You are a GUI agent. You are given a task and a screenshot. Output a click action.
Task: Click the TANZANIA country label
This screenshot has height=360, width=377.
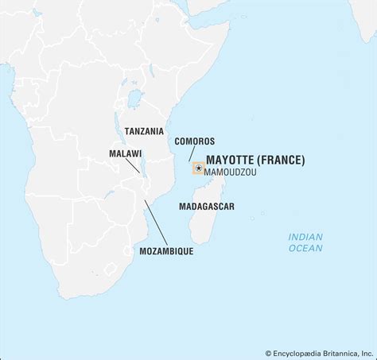(x=144, y=131)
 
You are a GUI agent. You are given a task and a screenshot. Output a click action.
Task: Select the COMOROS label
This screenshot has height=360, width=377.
(x=194, y=141)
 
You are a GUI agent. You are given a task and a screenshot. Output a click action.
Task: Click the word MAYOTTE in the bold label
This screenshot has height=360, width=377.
(x=227, y=160)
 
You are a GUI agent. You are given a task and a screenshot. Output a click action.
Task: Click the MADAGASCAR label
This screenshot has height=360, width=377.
(x=206, y=205)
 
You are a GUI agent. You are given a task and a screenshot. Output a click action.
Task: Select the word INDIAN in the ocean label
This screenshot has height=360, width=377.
(x=305, y=236)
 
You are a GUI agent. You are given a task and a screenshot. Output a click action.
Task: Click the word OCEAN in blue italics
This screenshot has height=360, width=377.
(x=305, y=248)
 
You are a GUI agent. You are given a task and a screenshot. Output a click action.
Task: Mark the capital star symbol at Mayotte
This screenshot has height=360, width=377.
(x=198, y=168)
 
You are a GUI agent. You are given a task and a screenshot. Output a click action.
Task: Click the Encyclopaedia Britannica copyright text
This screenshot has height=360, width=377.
(x=319, y=353)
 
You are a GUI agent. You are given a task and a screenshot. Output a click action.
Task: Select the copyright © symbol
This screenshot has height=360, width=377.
(x=269, y=353)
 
